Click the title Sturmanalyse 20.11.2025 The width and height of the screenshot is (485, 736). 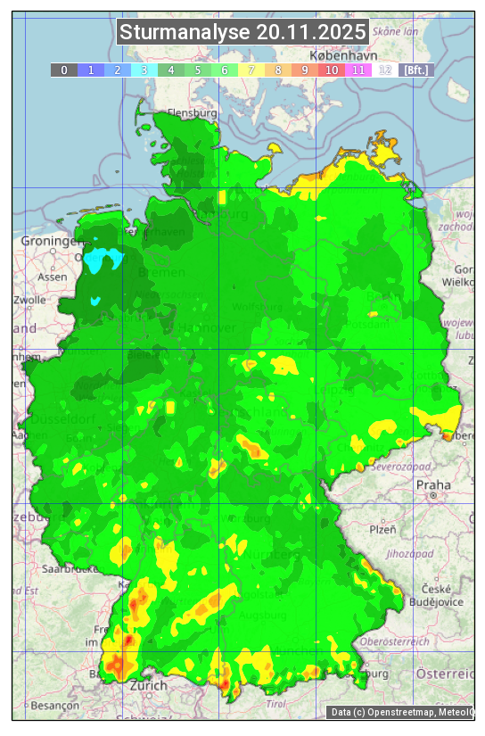click(242, 33)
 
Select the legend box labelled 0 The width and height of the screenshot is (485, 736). click(63, 70)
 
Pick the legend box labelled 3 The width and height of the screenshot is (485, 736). click(144, 70)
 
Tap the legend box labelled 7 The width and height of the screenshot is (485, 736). click(251, 70)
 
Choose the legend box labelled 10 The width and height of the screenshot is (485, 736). click(332, 70)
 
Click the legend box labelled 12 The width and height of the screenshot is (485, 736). click(385, 70)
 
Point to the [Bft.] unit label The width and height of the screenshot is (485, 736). click(415, 70)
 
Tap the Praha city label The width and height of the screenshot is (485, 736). click(433, 484)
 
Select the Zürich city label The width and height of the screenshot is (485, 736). click(148, 685)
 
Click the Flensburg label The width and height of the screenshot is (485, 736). click(193, 114)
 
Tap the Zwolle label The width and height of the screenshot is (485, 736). click(29, 300)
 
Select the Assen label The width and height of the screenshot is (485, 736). click(53, 277)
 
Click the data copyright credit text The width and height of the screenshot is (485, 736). click(401, 712)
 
